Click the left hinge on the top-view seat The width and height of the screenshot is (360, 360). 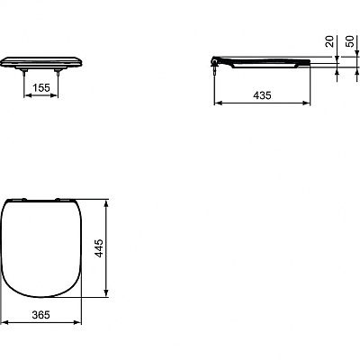tap(23, 195)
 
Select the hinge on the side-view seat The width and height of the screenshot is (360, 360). tap(216, 60)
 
